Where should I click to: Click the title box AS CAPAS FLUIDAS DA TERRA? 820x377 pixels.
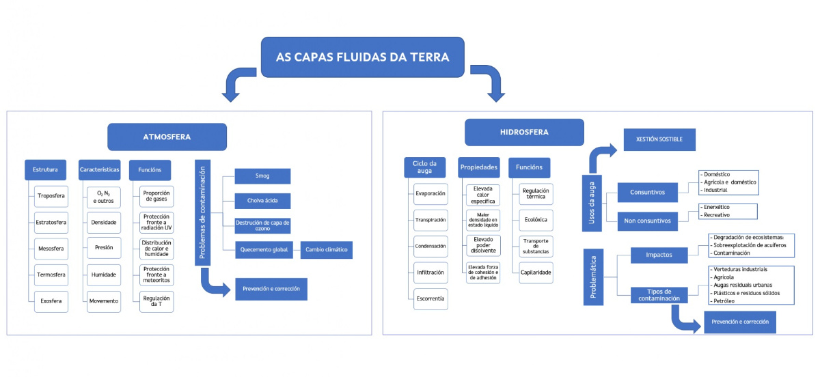(x=362, y=57)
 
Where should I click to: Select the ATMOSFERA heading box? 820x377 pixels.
(x=167, y=137)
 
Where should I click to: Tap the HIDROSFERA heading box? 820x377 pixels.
(x=524, y=132)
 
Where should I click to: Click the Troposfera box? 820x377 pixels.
(x=51, y=195)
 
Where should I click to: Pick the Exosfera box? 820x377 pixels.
(x=51, y=301)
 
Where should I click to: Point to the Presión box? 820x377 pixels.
(x=104, y=248)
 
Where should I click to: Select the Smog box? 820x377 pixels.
(x=262, y=176)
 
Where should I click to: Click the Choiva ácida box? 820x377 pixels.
(x=262, y=201)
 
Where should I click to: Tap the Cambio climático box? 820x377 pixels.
(x=326, y=250)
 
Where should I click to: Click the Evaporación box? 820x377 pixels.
(x=430, y=194)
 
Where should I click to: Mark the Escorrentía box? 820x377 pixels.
(x=430, y=298)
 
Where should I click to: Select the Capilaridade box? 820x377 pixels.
(x=535, y=272)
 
